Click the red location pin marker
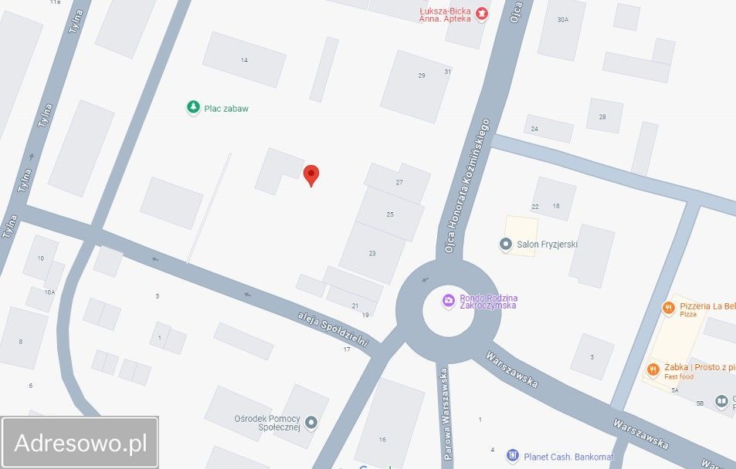click(311, 174)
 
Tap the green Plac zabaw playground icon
click(193, 108)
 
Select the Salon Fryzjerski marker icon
click(506, 245)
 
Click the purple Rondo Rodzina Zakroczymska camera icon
click(448, 301)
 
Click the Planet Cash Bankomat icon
click(512, 456)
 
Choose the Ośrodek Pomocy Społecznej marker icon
click(311, 422)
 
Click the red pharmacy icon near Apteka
click(482, 13)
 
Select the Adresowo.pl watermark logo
click(80, 443)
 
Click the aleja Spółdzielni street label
click(333, 329)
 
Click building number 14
click(244, 59)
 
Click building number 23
click(372, 253)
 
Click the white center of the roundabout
click(448, 312)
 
